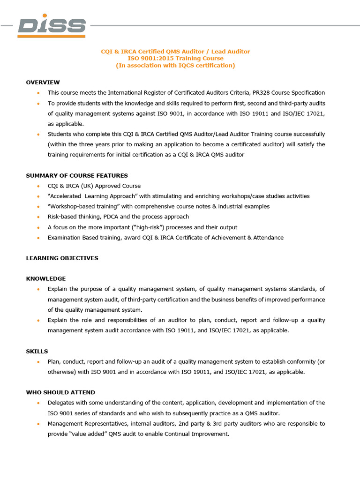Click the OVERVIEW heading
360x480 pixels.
coord(43,82)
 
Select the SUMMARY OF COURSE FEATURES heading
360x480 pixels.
coord(77,176)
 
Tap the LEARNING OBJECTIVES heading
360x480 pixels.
coord(62,258)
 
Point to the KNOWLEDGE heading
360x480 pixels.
coord(45,279)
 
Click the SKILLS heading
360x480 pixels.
coord(37,351)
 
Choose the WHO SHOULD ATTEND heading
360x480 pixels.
coord(60,392)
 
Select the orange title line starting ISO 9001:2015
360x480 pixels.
coord(176,59)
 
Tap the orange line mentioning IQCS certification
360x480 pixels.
coord(176,66)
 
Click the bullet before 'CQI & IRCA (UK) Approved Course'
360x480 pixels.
coord(37,186)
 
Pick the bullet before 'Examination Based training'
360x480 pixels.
coord(37,238)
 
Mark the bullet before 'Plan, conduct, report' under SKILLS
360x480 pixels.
coord(37,361)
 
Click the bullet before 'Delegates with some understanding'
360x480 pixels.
coord(37,403)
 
